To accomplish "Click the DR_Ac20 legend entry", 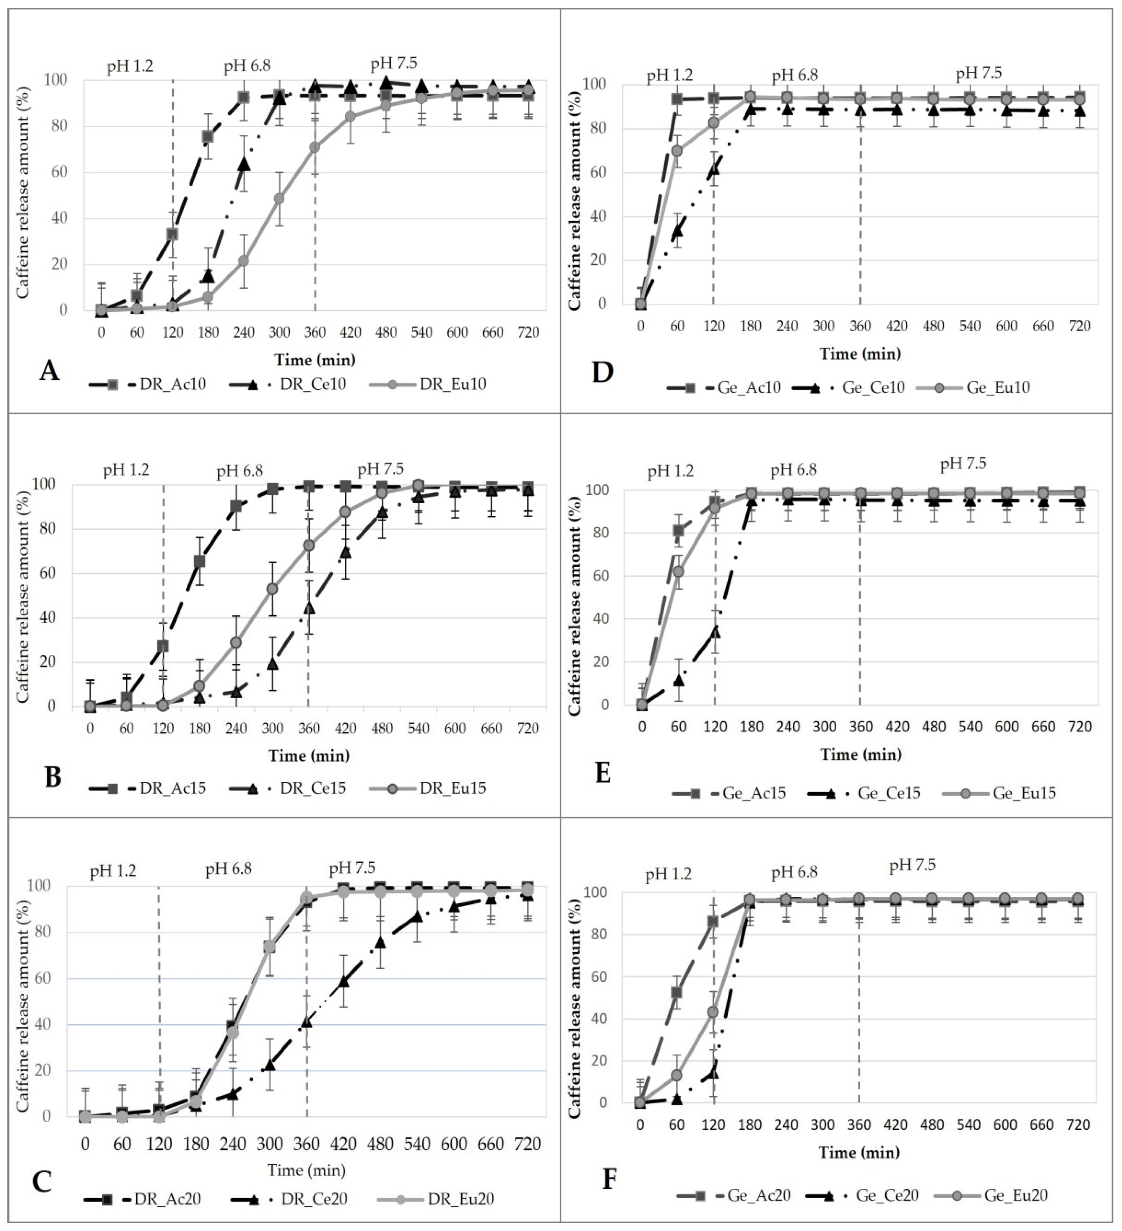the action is (x=143, y=1199).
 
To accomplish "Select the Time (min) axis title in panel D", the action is (x=860, y=353).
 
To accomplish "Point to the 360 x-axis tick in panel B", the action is (x=309, y=728).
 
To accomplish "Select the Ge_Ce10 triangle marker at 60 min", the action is (x=677, y=232).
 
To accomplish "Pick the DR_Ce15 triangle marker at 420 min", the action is (x=346, y=552).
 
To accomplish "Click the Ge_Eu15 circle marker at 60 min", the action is (x=678, y=571).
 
